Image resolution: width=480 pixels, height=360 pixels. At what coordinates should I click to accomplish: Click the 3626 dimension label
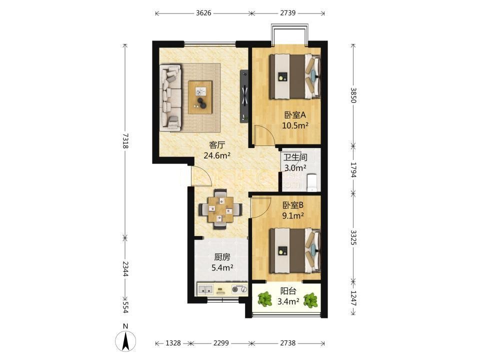click(x=203, y=13)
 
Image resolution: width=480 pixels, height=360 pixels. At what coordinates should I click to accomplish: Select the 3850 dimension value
click(x=353, y=95)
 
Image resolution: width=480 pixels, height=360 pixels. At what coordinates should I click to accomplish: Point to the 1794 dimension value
click(x=353, y=170)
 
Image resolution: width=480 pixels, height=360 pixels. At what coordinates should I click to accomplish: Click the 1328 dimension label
click(x=173, y=343)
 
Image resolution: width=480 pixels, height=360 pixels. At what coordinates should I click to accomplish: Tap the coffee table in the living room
click(x=200, y=97)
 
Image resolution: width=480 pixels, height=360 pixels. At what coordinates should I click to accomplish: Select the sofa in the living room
click(x=170, y=97)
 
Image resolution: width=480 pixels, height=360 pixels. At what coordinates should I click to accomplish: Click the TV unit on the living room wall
click(x=244, y=96)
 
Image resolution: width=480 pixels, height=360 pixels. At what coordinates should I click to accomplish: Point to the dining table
click(x=220, y=209)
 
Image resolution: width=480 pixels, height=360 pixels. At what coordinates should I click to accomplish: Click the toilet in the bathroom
click(x=311, y=183)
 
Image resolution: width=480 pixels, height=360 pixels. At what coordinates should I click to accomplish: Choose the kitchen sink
click(x=205, y=289)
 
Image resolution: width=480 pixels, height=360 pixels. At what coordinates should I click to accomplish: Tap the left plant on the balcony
click(x=265, y=299)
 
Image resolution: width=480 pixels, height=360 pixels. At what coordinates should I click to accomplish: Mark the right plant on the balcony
click(x=310, y=300)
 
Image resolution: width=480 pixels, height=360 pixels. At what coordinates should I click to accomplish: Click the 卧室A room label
click(x=295, y=115)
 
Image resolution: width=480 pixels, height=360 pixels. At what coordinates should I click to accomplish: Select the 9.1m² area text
click(x=293, y=216)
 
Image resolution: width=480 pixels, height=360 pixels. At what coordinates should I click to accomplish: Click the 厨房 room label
click(x=222, y=257)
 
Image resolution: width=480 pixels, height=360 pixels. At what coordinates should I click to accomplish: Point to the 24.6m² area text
click(x=217, y=155)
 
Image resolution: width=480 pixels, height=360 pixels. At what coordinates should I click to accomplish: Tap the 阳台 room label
click(x=288, y=291)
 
